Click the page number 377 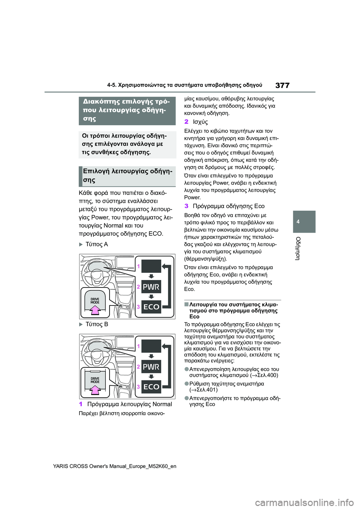point(282,85)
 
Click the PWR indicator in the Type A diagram point(151,287)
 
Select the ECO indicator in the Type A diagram point(151,307)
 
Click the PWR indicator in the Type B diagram point(151,367)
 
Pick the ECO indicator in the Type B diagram point(151,387)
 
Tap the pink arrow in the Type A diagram point(95,309)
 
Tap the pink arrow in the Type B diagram point(95,389)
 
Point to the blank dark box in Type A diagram point(151,266)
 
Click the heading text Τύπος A point(96,244)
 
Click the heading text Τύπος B point(96,324)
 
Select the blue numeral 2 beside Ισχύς point(186,122)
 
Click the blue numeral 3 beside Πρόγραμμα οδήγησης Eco point(186,206)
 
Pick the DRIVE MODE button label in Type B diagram point(95,380)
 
